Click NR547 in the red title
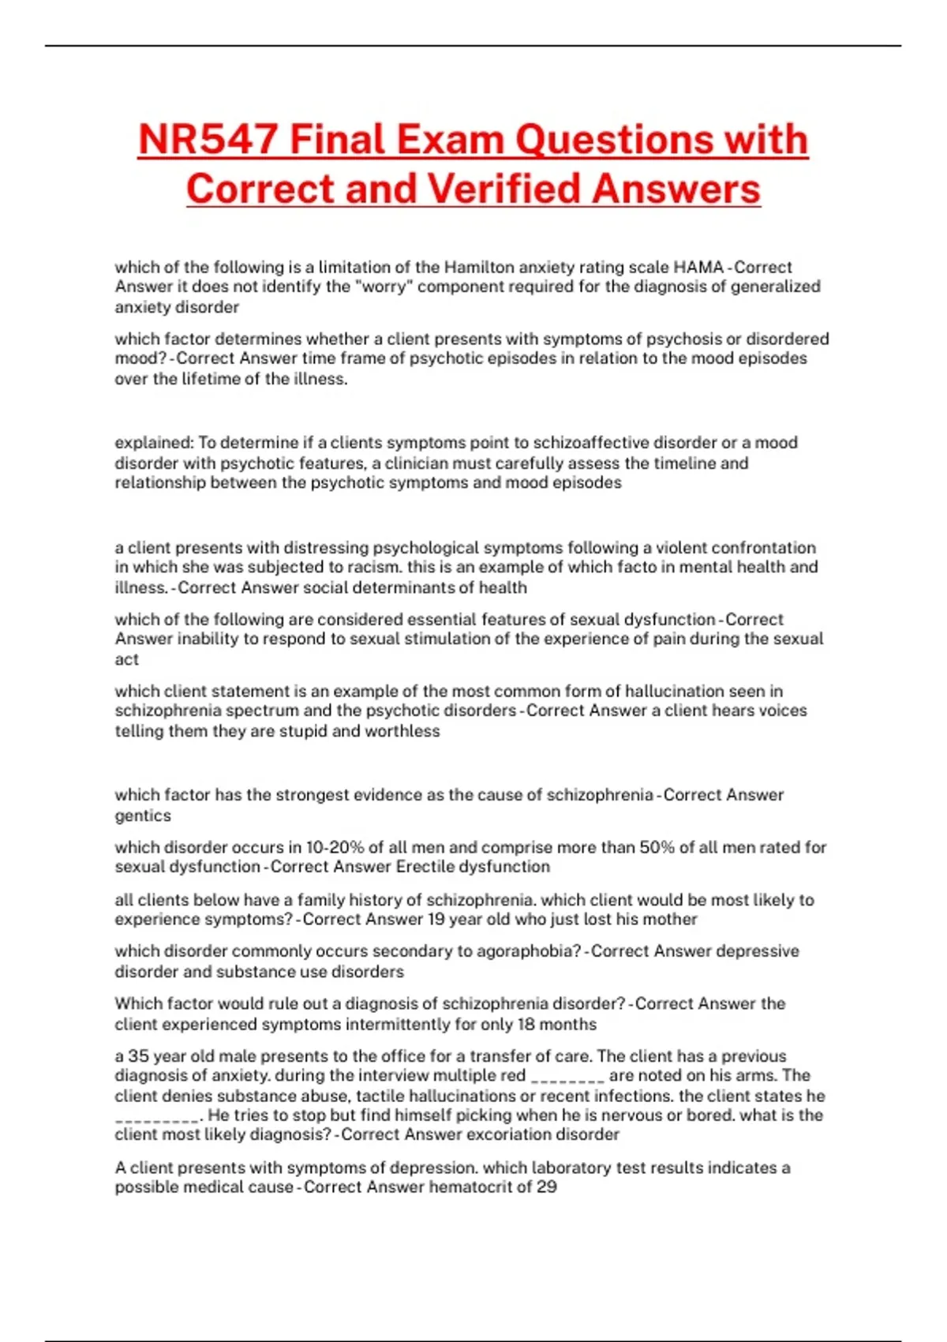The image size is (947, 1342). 208,140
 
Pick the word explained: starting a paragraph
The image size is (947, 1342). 154,443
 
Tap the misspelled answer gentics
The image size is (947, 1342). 143,815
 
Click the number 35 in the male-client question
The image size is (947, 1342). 138,1056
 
